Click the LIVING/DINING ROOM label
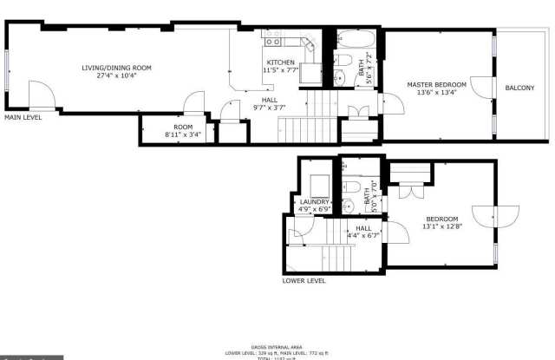click(x=116, y=67)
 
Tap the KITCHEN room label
click(x=280, y=62)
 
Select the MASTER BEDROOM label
click(x=437, y=84)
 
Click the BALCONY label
click(x=520, y=88)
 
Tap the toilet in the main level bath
click(x=343, y=60)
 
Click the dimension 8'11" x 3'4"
click(x=182, y=135)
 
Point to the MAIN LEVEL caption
click(x=23, y=116)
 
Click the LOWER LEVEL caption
click(x=304, y=281)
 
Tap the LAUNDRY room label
click(x=314, y=202)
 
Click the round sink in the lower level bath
click(x=345, y=206)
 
